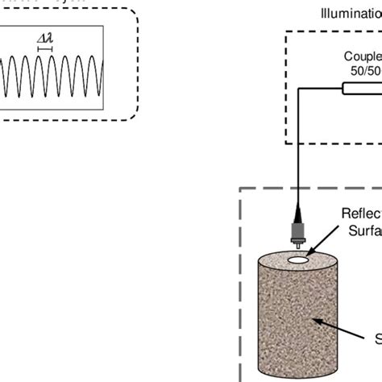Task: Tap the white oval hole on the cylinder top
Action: (x=298, y=261)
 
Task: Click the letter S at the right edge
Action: (x=377, y=338)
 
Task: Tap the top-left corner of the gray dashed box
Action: (x=240, y=189)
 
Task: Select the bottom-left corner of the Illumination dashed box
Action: (x=286, y=143)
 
